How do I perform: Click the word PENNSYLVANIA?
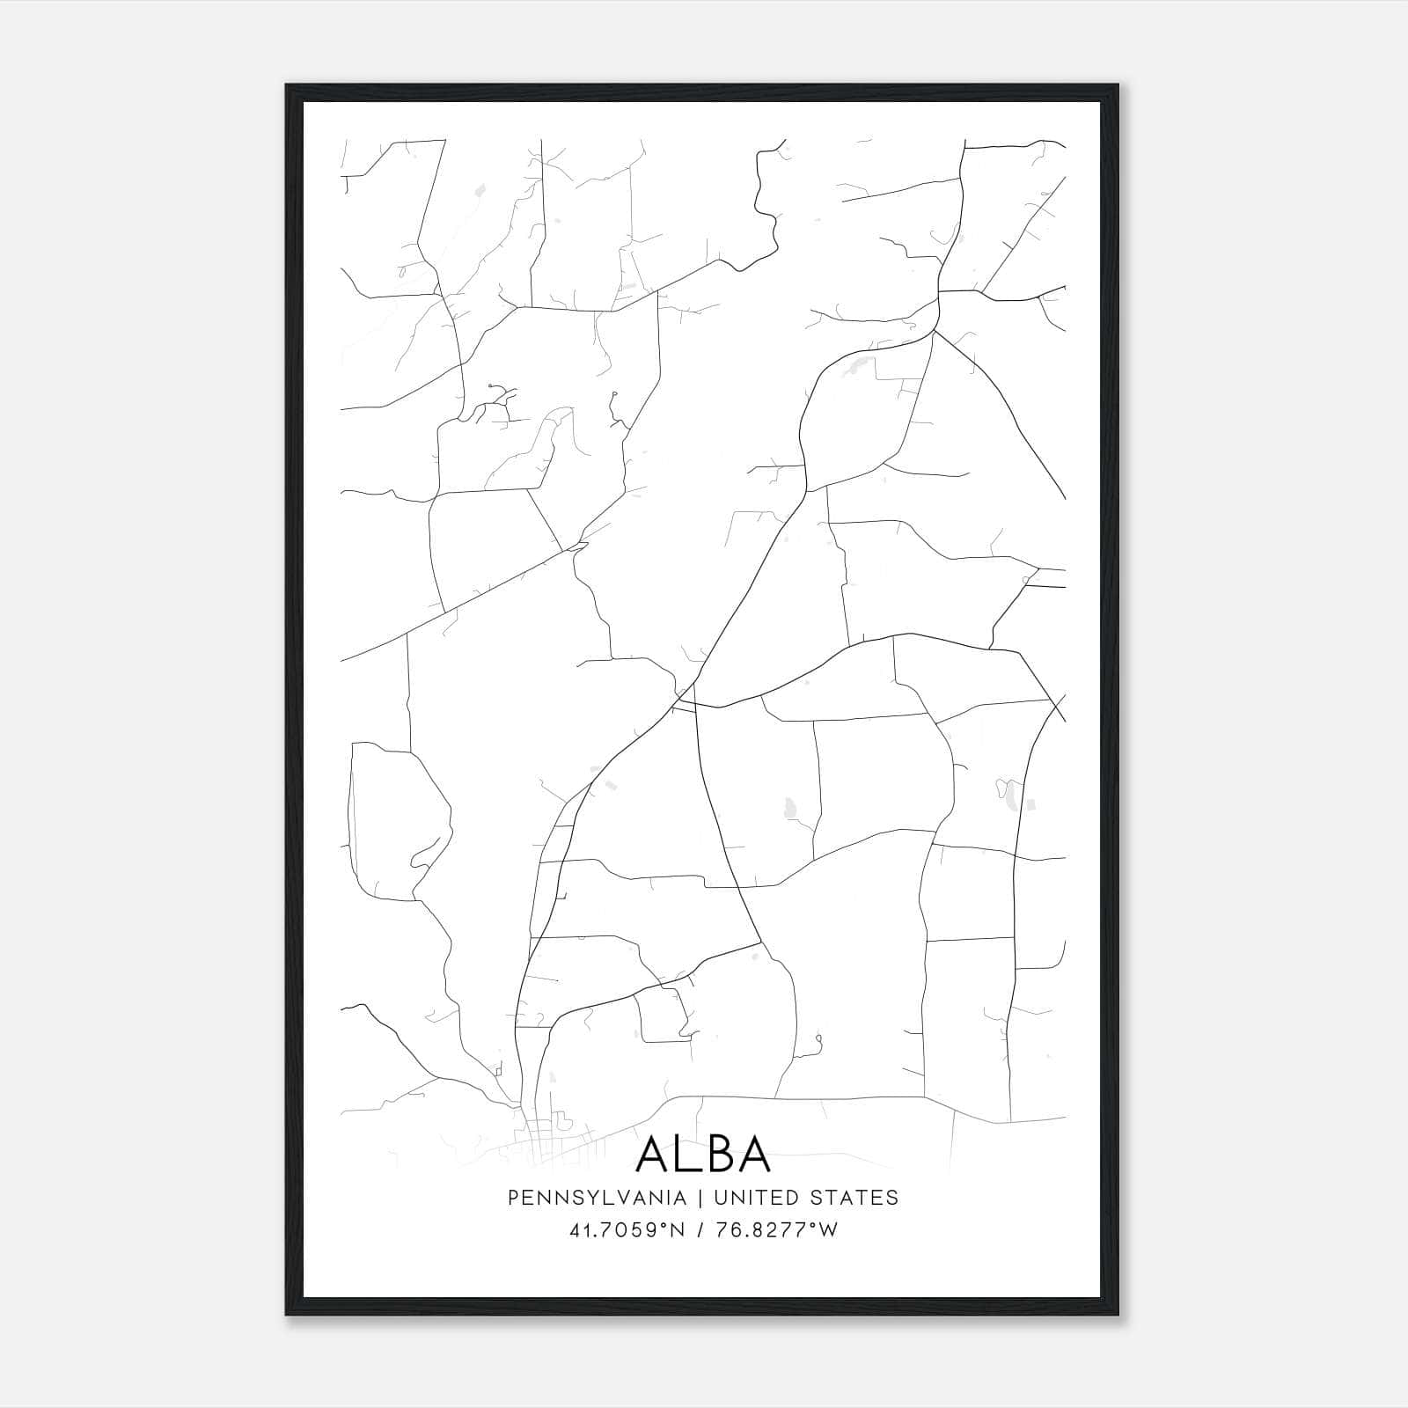(597, 1198)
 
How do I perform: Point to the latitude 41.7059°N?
(627, 1230)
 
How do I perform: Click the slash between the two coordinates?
(700, 1230)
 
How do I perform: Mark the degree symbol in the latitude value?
(666, 1225)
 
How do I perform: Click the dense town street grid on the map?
(541, 1135)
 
